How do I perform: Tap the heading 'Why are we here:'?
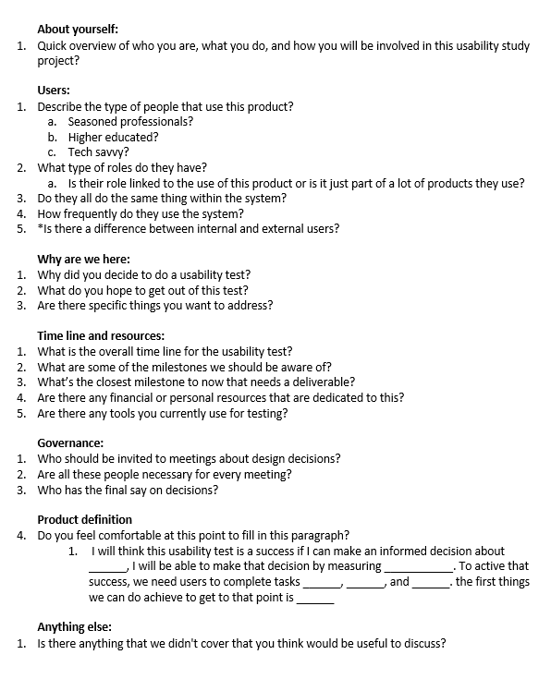tap(83, 259)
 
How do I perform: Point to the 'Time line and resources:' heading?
tap(101, 335)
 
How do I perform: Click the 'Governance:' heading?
tap(70, 443)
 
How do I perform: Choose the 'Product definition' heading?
tap(84, 519)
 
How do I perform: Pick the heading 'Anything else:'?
tap(74, 626)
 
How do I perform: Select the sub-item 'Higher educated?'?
tap(113, 137)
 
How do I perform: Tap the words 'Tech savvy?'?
tap(98, 152)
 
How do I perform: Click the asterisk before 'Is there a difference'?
tap(40, 227)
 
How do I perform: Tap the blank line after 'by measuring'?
tap(418, 566)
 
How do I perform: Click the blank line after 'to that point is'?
tap(314, 598)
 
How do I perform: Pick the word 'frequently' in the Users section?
tap(93, 213)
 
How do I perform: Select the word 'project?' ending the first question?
tap(58, 60)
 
